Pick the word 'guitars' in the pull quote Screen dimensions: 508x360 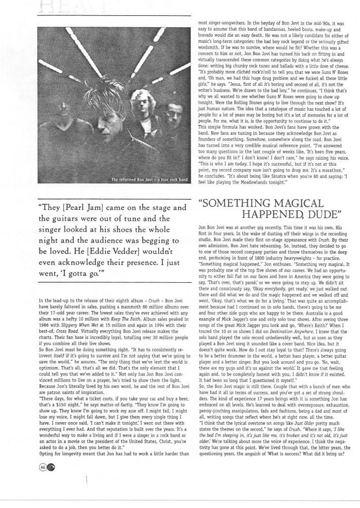68,218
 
